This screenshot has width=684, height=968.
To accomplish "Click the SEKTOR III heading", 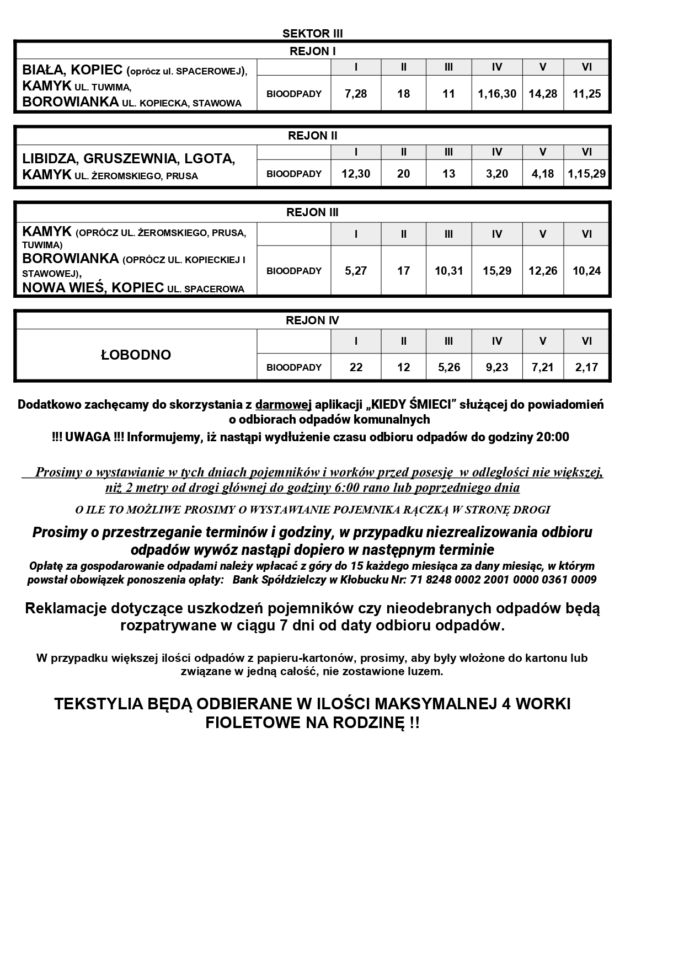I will (x=312, y=34).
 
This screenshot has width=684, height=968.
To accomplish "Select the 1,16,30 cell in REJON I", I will (x=496, y=94).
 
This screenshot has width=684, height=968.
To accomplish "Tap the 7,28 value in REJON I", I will (x=356, y=94).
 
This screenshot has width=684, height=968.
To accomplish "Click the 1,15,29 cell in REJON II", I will (x=586, y=174).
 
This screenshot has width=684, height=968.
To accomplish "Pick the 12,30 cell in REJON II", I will (x=356, y=174).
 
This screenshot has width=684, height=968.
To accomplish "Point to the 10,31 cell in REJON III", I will (x=448, y=271).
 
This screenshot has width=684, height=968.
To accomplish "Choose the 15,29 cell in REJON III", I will (x=496, y=271).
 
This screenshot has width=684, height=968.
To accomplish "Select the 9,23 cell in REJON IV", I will (x=496, y=367).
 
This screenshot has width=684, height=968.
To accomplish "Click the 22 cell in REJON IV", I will (x=356, y=367).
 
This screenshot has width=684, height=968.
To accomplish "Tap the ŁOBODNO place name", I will (x=136, y=355).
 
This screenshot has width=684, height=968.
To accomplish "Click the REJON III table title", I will (x=312, y=212).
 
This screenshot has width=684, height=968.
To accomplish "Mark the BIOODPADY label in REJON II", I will (x=293, y=174).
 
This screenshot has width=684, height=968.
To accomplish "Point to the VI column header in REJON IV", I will (x=586, y=341).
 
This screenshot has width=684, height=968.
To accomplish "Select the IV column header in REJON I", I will (x=496, y=67).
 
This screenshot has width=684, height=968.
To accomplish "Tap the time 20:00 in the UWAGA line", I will (x=552, y=437).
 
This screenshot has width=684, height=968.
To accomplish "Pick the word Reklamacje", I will (x=66, y=608).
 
